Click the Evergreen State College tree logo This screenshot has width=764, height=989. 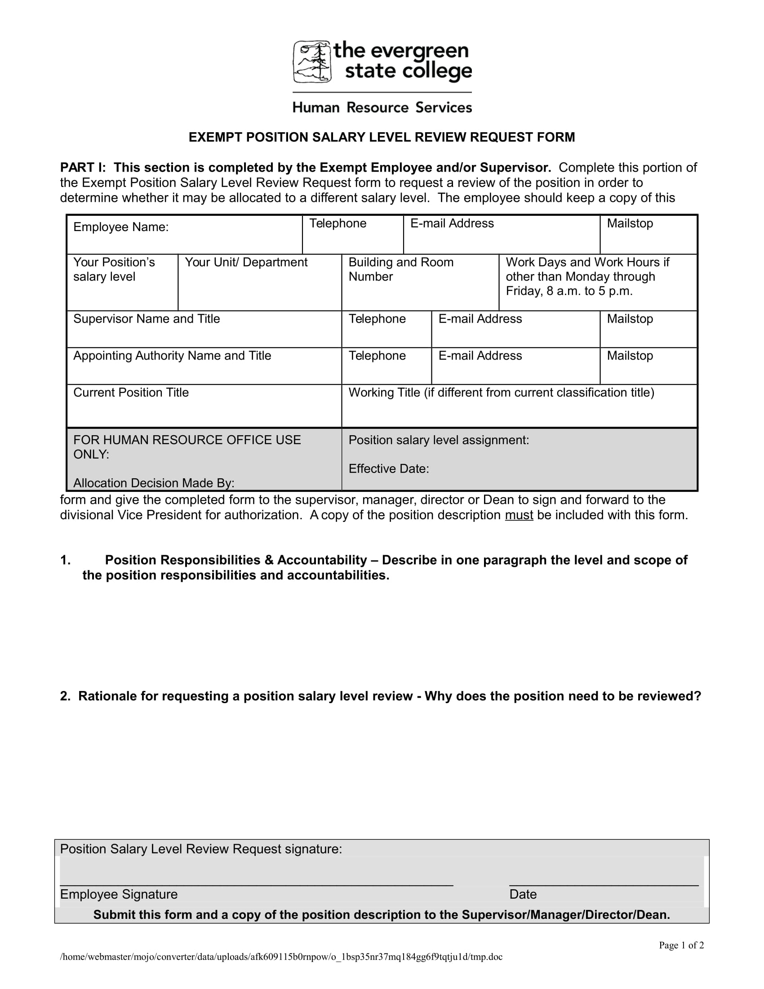point(312,62)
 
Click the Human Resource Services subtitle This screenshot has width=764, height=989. point(382,108)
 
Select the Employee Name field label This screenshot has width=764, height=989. point(121,227)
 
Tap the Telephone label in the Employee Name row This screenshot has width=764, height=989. point(338,223)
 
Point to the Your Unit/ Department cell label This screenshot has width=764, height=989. point(246,262)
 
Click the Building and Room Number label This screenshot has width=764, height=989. point(400,269)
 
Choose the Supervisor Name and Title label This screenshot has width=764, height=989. point(147,319)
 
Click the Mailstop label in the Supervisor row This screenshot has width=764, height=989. point(630,319)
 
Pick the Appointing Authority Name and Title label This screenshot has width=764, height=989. point(172,356)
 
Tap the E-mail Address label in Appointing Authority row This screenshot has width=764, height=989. point(480,356)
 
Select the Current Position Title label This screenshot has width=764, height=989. point(131,392)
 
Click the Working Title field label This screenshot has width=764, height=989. point(501,392)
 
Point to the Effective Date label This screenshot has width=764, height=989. point(388,469)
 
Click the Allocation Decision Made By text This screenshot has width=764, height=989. point(154,483)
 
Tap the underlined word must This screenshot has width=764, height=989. point(519,515)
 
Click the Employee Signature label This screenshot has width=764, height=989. point(119,894)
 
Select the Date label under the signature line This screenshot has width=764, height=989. point(523,894)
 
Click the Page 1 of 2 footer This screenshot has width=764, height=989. point(681,945)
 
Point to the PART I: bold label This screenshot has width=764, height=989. point(82,168)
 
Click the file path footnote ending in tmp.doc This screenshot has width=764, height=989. point(281,957)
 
